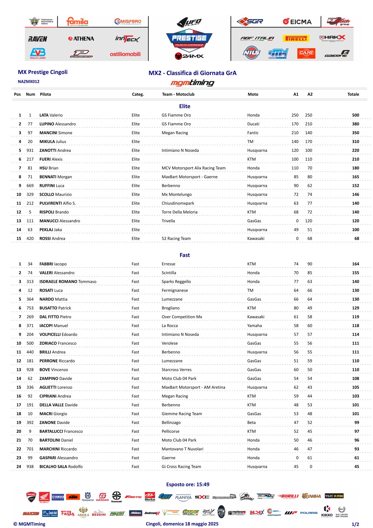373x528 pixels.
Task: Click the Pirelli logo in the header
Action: [x=296, y=39]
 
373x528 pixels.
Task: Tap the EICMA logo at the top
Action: [x=297, y=22]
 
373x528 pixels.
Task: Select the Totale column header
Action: [x=353, y=94]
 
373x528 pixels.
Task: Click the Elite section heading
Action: [x=185, y=106]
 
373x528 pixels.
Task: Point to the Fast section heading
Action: [x=185, y=255]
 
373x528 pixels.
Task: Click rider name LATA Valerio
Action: [x=51, y=115]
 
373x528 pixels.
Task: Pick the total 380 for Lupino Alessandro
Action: [x=355, y=124]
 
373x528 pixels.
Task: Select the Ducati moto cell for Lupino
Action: [x=253, y=124]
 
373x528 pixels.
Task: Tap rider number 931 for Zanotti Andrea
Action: [x=30, y=150]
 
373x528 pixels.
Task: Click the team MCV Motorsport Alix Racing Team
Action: [x=193, y=168]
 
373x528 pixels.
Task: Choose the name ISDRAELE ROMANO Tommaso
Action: [x=68, y=282]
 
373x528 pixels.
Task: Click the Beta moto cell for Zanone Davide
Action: [x=251, y=423]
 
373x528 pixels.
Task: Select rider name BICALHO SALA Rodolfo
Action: [x=61, y=467]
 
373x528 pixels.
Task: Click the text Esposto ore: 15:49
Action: [x=188, y=484]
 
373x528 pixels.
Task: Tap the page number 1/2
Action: [x=355, y=524]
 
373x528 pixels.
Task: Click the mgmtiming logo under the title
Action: [x=192, y=83]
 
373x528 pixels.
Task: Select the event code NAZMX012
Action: [x=29, y=82]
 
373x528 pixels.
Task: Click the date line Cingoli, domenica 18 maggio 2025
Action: [x=182, y=524]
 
